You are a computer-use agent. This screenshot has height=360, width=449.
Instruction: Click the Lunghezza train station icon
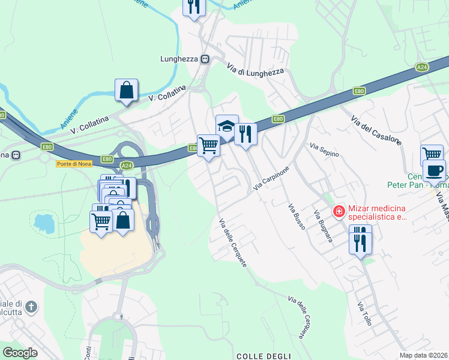[x=205, y=59]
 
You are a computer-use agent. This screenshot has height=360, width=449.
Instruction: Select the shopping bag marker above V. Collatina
[x=126, y=91]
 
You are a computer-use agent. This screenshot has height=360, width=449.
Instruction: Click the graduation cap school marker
[x=227, y=127]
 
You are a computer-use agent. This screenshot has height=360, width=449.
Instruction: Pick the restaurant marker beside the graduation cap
[x=245, y=134]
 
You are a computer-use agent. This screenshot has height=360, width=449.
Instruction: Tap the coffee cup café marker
[x=434, y=170]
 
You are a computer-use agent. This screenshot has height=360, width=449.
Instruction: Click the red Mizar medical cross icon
[x=339, y=211]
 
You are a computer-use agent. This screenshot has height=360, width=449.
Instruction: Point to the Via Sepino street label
[x=324, y=150]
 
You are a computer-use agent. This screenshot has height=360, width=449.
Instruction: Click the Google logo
[x=20, y=352]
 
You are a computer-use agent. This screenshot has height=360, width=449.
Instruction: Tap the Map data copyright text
[x=424, y=355]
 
